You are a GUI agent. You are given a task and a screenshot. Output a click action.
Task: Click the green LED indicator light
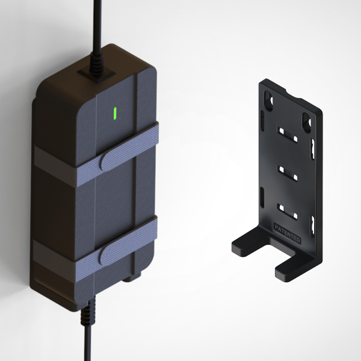pos(116,113)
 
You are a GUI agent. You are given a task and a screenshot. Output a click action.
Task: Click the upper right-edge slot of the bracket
pos(312,147)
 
